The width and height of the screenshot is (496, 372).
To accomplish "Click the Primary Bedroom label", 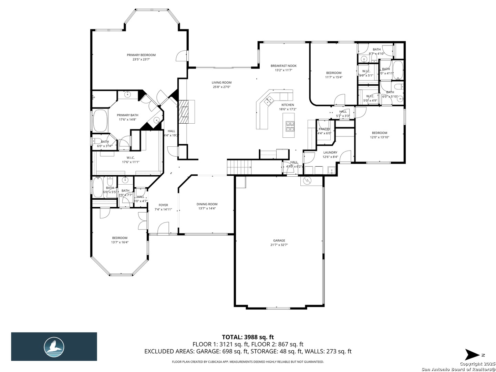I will point(141,55).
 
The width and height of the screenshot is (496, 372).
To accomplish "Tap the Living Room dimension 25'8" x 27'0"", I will point(221,87).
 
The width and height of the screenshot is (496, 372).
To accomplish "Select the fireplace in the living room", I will point(186,112).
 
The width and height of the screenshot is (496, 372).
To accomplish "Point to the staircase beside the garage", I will point(240,168).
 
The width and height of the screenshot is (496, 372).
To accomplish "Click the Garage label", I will point(279,241).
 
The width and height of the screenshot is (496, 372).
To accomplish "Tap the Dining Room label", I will point(207,204).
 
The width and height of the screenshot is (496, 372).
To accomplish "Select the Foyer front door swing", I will point(163,228).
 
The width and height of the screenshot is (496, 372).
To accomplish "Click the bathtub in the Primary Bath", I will point(100,120).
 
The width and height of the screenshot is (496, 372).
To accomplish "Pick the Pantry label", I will point(324,129).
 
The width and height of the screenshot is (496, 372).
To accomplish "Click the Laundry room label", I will point(330,153).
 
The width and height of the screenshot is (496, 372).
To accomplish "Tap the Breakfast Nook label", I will point(283,66).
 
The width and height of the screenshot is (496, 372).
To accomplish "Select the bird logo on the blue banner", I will point(54,347).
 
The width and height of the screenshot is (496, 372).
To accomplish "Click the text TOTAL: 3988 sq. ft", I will point(248,337).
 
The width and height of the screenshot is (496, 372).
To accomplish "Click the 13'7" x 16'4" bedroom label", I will point(120,238).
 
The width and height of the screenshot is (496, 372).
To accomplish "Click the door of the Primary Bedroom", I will point(182,56).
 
